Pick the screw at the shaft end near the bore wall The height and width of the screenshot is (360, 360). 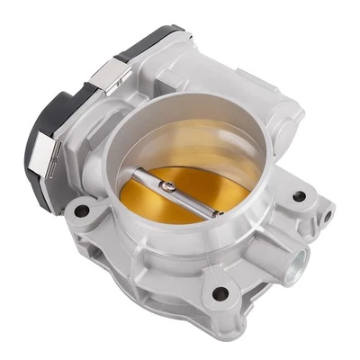pos(216,213)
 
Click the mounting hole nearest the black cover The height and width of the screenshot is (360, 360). pos(82,211)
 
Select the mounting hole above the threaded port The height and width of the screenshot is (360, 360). pos(298,195)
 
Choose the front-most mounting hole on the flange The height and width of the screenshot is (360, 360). pos(220,292)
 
